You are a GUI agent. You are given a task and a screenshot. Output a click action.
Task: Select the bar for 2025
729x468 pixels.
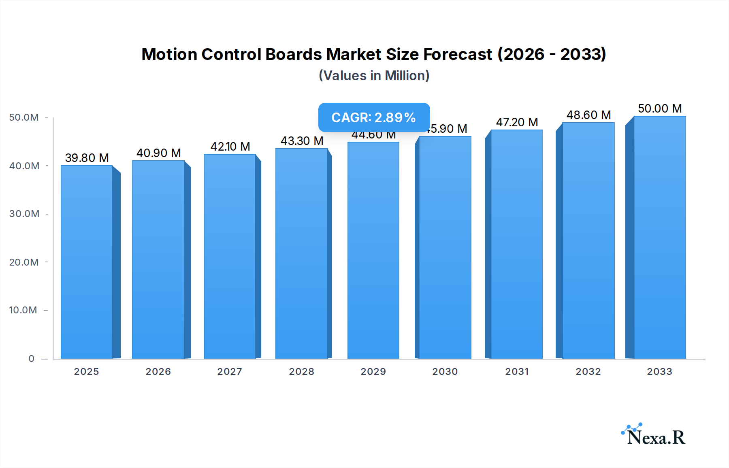coord(86,262)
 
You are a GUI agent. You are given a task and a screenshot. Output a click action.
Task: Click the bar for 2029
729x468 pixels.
coord(373,250)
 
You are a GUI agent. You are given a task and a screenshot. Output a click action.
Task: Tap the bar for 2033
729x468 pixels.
coord(659,237)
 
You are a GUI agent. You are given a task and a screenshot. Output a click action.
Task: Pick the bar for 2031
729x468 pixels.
coord(516,244)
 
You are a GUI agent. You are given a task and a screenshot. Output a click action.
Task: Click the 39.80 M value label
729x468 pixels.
coord(87,158)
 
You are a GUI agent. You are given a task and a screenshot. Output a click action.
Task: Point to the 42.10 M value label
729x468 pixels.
coord(230,147)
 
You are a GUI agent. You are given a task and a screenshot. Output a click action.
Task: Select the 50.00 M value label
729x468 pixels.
coord(660,108)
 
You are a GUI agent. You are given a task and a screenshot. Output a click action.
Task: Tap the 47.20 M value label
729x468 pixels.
coord(517,122)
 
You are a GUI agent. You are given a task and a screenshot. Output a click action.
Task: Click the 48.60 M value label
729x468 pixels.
coord(588,115)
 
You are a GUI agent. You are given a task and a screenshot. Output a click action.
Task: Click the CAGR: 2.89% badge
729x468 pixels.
coord(374,117)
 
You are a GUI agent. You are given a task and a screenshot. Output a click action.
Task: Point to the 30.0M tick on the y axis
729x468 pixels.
coord(24,214)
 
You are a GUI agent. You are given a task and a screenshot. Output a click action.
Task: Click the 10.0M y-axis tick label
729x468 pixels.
coord(23,310)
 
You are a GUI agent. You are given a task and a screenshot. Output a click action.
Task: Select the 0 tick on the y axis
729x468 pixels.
coord(31,359)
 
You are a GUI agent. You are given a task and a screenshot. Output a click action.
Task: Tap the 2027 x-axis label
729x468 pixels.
coord(230,372)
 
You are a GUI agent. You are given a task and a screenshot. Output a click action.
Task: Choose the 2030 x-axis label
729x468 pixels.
coord(445,372)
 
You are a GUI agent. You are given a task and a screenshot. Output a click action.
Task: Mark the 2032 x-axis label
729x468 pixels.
coord(588,372)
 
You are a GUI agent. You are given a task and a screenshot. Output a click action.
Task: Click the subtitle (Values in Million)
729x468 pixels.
coord(374,76)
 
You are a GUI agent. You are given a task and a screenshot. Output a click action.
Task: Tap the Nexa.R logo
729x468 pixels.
coord(654,435)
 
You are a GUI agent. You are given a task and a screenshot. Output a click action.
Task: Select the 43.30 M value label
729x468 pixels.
coord(302,141)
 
